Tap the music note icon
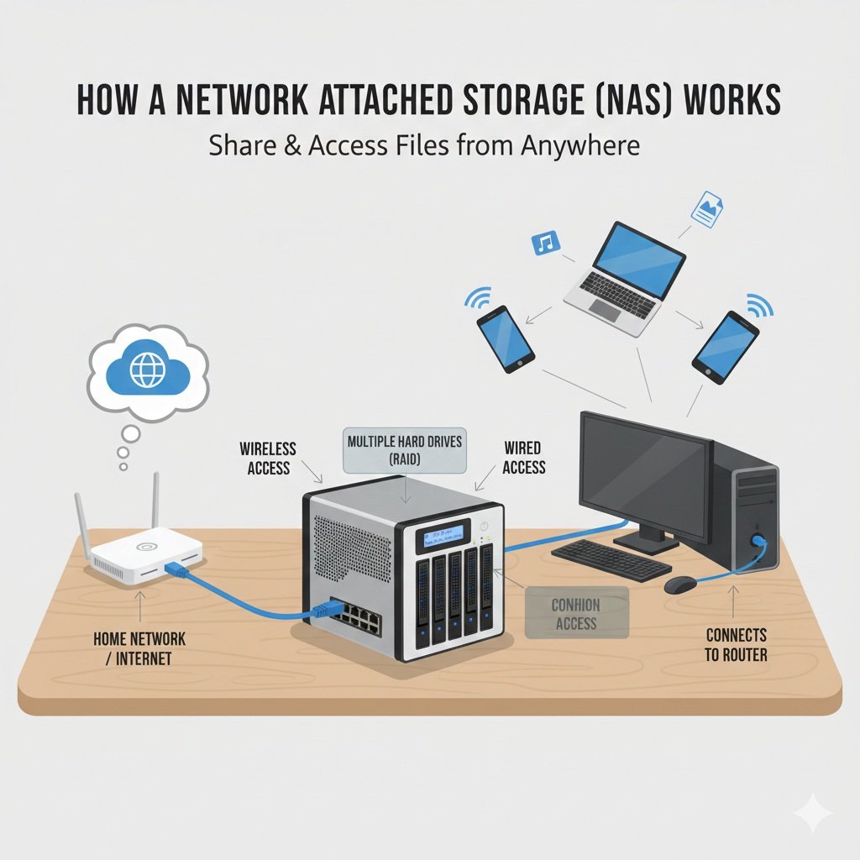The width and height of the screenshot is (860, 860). coord(546,244)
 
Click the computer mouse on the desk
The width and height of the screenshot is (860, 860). coord(679,585)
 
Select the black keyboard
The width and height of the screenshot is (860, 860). coord(611,558)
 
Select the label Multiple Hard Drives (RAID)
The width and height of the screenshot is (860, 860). coord(405,449)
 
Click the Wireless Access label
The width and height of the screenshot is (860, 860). coord(269,458)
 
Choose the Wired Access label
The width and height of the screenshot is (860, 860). coord(523,458)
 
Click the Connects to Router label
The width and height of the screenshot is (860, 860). coord(736,644)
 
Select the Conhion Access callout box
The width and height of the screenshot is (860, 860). coord(576,614)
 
